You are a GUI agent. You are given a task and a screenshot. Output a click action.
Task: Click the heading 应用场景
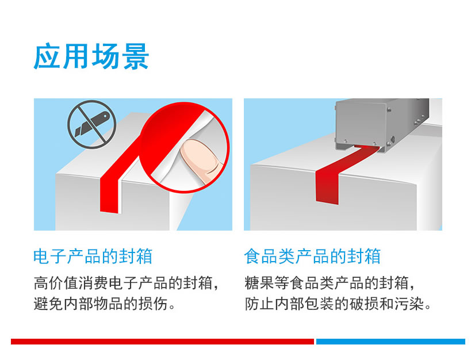(91, 56)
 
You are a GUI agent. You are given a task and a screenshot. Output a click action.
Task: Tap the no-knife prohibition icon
(91, 124)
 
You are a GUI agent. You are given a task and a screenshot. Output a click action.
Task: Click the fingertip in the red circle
(201, 161)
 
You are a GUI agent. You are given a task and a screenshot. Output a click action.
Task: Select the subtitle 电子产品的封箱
(93, 256)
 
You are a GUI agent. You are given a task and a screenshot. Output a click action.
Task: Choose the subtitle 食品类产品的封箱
(312, 256)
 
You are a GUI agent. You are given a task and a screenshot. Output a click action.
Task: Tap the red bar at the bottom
(162, 342)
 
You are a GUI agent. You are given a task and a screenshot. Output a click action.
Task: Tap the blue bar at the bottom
(390, 342)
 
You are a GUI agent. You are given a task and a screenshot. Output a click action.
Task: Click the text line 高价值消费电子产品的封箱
(125, 283)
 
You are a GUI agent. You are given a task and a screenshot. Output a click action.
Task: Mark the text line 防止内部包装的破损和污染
(338, 304)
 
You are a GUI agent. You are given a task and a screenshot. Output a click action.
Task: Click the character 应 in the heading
(48, 56)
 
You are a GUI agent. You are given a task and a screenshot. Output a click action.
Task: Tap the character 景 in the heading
(135, 56)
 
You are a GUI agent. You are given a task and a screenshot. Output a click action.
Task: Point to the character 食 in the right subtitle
(252, 256)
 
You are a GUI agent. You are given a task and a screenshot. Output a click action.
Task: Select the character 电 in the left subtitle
(41, 256)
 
